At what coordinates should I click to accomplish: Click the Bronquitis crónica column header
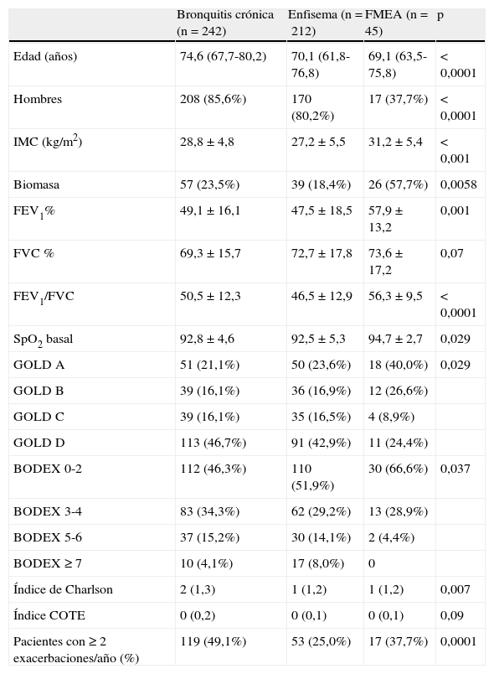[x=225, y=23]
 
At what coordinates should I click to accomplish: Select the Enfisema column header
[x=325, y=23]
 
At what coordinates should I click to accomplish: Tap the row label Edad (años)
[x=45, y=56]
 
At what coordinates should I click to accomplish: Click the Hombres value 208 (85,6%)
[x=213, y=99]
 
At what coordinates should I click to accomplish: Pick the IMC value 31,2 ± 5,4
[x=395, y=142]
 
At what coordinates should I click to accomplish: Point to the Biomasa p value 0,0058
[x=458, y=184]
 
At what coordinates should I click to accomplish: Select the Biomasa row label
[x=37, y=184]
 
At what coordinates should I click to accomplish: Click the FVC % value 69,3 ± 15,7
[x=210, y=253]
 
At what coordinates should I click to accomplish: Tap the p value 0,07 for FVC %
[x=451, y=253]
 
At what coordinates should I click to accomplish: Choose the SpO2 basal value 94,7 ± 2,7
[x=395, y=339]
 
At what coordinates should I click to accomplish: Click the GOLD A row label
[x=39, y=365]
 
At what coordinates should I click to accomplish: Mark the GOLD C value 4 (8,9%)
[x=391, y=417]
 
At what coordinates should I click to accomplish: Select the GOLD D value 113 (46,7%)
[x=213, y=443]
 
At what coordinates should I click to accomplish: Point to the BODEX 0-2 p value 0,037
[x=455, y=469]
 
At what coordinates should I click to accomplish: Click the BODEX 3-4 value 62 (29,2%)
[x=321, y=511]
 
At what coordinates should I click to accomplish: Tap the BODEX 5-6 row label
[x=48, y=537]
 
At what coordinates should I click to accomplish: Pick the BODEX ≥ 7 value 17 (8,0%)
[x=317, y=563]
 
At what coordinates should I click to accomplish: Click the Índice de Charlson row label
[x=63, y=589]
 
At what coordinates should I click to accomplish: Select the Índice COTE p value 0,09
[x=451, y=615]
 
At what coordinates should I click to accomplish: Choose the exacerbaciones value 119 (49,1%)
[x=213, y=641]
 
